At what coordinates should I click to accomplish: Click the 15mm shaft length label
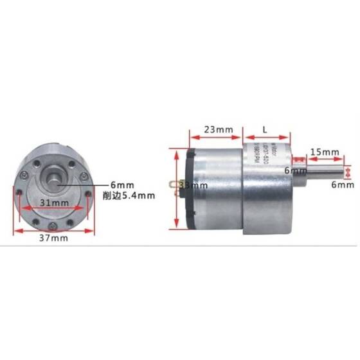click(x=323, y=152)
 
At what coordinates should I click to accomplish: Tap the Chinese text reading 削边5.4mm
click(x=129, y=195)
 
